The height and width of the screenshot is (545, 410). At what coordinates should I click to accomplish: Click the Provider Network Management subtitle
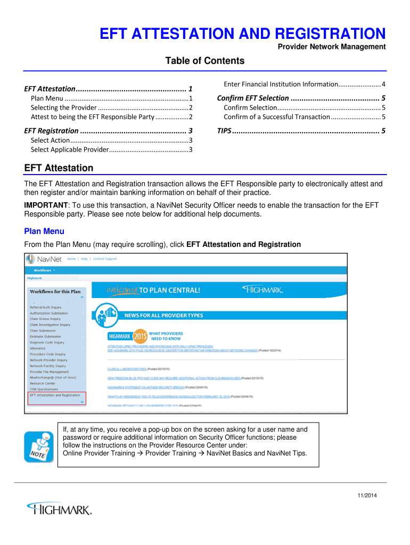[x=332, y=47]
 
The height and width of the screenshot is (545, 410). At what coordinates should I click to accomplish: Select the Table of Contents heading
[x=204, y=61]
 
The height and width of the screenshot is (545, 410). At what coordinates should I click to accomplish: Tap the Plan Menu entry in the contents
[x=47, y=98]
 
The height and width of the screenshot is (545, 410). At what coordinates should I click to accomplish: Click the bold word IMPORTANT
[x=46, y=205]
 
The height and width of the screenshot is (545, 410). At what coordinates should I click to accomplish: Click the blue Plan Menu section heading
[x=44, y=231]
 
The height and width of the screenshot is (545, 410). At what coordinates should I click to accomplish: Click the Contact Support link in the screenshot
[x=104, y=259]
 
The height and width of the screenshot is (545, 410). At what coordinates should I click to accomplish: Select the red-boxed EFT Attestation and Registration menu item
[x=55, y=395]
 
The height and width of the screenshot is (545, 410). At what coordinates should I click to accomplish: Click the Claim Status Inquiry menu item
[x=45, y=319]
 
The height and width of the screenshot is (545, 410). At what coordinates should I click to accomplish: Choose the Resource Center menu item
[x=42, y=383]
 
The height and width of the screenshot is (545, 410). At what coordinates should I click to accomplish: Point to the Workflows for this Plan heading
[x=55, y=292]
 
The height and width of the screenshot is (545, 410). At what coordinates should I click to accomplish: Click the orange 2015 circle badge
[x=140, y=336]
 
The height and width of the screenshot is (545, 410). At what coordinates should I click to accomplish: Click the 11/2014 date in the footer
[x=367, y=496]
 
